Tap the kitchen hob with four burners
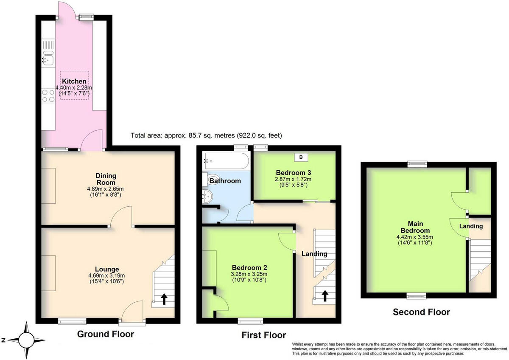(48, 96)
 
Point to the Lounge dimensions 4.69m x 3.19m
(106, 275)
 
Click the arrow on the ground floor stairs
(163, 299)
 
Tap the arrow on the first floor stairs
(325, 295)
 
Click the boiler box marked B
(301, 157)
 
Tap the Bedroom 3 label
(294, 173)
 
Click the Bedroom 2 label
(249, 267)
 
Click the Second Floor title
(421, 312)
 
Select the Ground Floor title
(105, 334)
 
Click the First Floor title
(263, 335)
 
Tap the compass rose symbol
(26, 340)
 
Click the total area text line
(206, 135)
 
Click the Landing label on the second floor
(471, 226)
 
